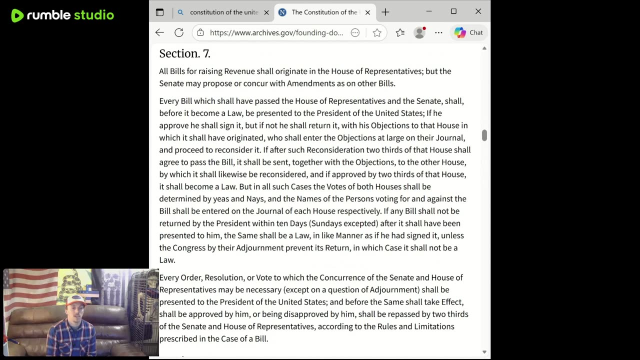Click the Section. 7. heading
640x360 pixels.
coord(184,53)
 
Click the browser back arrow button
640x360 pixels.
coord(159,32)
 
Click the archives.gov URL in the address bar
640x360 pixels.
coord(276,32)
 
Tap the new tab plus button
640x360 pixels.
coord(385,12)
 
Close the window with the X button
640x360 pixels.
coord(478,11)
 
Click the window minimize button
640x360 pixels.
coord(429,11)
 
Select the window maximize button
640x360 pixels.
coord(453,11)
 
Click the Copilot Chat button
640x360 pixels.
coord(468,32)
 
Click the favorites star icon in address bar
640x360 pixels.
coord(377,32)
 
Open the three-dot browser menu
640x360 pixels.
coord(438,32)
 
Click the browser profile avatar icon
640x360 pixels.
coord(419,32)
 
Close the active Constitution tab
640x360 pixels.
coord(367,12)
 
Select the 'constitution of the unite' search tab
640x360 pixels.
coord(223,12)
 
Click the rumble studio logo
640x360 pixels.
coord(62,15)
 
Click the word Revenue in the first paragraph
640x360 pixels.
coord(239,71)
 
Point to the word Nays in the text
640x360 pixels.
coord(255,199)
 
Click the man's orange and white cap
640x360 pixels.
coord(76,300)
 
